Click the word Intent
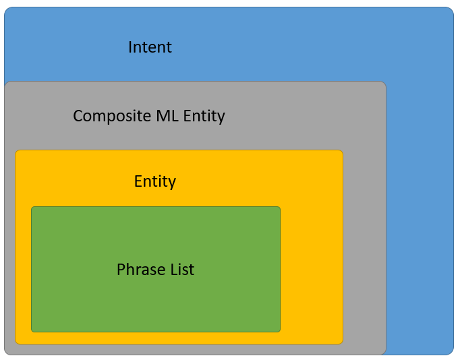click(150, 47)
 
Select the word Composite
click(112, 117)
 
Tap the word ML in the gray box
click(167, 115)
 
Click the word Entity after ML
click(204, 117)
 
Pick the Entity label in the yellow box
click(155, 182)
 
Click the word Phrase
click(141, 270)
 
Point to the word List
click(182, 270)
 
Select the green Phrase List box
click(156, 269)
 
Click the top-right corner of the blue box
click(453, 7)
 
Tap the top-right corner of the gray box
click(386, 82)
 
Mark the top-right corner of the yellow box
click(343, 150)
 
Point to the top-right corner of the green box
click(280, 207)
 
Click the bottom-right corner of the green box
click(280, 332)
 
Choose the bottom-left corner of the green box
click(32, 332)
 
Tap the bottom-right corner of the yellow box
click(343, 344)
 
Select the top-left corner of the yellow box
click(16, 150)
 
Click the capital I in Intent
click(130, 47)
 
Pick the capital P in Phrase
click(121, 270)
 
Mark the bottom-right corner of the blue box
click(453, 355)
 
